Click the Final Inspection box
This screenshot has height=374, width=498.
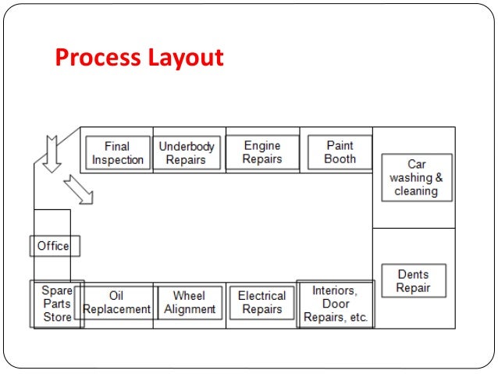pos(118,153)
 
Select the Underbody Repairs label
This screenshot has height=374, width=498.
pos(187,153)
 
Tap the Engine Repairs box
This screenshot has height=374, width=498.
pos(262,151)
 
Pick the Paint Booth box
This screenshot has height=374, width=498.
pos(340,151)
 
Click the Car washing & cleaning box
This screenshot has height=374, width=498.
pos(416,177)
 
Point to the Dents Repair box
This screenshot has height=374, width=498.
pos(414,281)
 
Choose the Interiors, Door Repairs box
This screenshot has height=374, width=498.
pos(335,305)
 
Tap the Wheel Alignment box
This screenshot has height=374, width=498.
pos(190,303)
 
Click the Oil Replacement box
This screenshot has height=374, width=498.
pos(116,303)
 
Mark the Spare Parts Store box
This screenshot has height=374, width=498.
pos(57,304)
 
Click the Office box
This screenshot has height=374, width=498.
pos(54,246)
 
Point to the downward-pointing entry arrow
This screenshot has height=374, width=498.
pos(52,153)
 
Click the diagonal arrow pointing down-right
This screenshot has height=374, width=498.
pos(78,189)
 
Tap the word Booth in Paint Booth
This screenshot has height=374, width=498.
pos(340,159)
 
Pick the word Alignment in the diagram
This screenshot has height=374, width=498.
pos(190,309)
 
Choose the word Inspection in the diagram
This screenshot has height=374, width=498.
pos(118,160)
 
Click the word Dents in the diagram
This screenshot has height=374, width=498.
pos(414,275)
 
